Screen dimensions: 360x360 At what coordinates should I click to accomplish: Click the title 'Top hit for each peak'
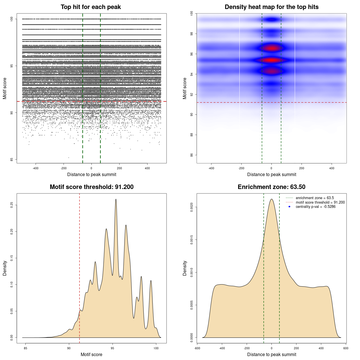[91, 7]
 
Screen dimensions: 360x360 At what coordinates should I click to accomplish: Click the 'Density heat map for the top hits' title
[271, 7]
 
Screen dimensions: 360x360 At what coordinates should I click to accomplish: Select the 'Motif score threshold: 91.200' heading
[91, 187]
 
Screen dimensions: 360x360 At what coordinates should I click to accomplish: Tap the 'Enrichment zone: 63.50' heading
[271, 187]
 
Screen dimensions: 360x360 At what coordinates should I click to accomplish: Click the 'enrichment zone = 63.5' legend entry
[315, 198]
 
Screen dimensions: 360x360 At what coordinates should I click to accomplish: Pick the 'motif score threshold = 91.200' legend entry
[320, 202]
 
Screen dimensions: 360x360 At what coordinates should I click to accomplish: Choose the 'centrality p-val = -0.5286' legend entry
[316, 207]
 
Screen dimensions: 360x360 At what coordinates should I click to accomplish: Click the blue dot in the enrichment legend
[289, 207]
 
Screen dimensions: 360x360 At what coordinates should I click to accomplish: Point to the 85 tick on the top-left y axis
[12, 159]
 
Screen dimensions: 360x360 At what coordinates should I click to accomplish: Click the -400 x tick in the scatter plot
[35, 168]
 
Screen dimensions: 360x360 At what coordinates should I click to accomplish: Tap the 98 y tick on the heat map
[192, 34]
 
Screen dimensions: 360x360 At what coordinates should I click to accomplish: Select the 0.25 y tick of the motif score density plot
[12, 205]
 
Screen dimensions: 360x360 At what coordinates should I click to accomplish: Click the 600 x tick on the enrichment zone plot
[346, 348]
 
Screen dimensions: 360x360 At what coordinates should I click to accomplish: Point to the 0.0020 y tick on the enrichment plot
[192, 207]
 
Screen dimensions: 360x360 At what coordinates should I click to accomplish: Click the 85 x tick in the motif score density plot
[26, 348]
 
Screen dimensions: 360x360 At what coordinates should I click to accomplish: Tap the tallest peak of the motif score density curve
[116, 199]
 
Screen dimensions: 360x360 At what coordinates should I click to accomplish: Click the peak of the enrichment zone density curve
[271, 199]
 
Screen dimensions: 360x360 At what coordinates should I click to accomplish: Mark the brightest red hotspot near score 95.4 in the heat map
[271, 60]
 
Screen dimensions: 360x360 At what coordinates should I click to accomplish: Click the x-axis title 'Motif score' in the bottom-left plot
[91, 354]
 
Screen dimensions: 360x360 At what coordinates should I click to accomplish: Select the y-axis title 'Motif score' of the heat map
[185, 88]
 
